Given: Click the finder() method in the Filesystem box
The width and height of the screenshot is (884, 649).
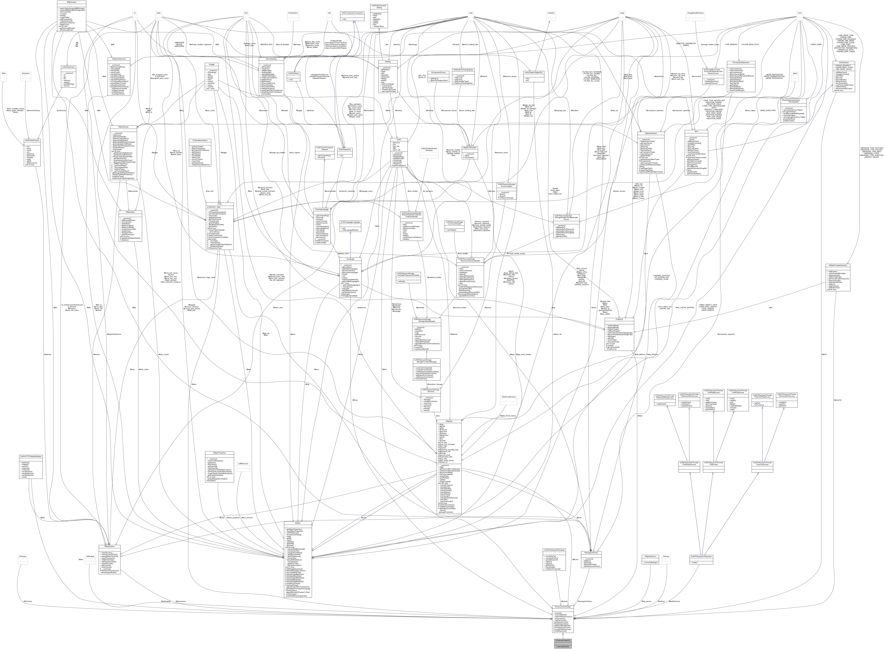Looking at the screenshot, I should coord(701,563).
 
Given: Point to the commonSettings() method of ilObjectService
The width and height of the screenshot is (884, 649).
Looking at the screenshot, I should coord(650,563).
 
